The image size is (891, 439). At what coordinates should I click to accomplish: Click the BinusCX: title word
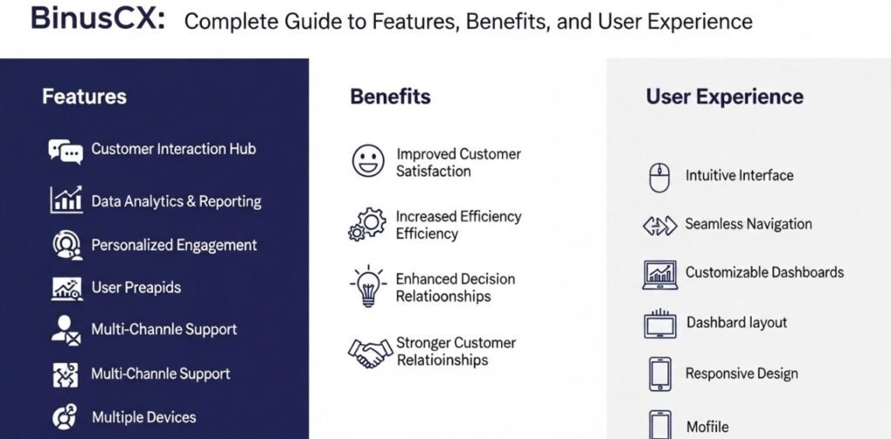pyautogui.click(x=97, y=19)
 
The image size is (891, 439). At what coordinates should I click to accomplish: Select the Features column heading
pyautogui.click(x=84, y=96)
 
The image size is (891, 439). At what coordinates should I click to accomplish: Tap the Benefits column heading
pyautogui.click(x=391, y=96)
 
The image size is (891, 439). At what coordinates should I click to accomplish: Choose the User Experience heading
pyautogui.click(x=725, y=97)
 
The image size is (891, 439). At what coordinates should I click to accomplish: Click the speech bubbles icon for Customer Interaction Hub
pyautogui.click(x=65, y=152)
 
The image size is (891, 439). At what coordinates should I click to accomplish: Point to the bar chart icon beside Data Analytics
pyautogui.click(x=66, y=199)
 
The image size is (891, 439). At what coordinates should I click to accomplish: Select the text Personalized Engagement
pyautogui.click(x=174, y=245)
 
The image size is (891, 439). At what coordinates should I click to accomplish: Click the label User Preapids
pyautogui.click(x=136, y=287)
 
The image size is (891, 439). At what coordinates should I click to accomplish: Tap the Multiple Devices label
pyautogui.click(x=144, y=417)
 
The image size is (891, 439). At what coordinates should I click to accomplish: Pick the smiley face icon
pyautogui.click(x=368, y=161)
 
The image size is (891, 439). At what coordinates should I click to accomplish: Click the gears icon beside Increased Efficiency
pyautogui.click(x=367, y=224)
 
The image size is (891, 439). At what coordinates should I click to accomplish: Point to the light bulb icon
pyautogui.click(x=369, y=286)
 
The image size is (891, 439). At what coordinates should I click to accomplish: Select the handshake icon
pyautogui.click(x=371, y=352)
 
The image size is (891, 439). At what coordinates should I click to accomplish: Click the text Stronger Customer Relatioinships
pyautogui.click(x=456, y=351)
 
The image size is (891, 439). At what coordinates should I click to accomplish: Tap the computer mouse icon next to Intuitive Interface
pyautogui.click(x=660, y=178)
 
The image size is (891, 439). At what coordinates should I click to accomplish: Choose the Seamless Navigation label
pyautogui.click(x=748, y=224)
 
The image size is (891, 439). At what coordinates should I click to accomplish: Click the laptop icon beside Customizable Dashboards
pyautogui.click(x=660, y=274)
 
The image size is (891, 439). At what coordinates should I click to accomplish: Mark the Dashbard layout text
pyautogui.click(x=737, y=322)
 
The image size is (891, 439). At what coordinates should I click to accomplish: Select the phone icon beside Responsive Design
pyautogui.click(x=660, y=374)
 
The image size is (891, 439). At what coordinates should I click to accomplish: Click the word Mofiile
pyautogui.click(x=707, y=427)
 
